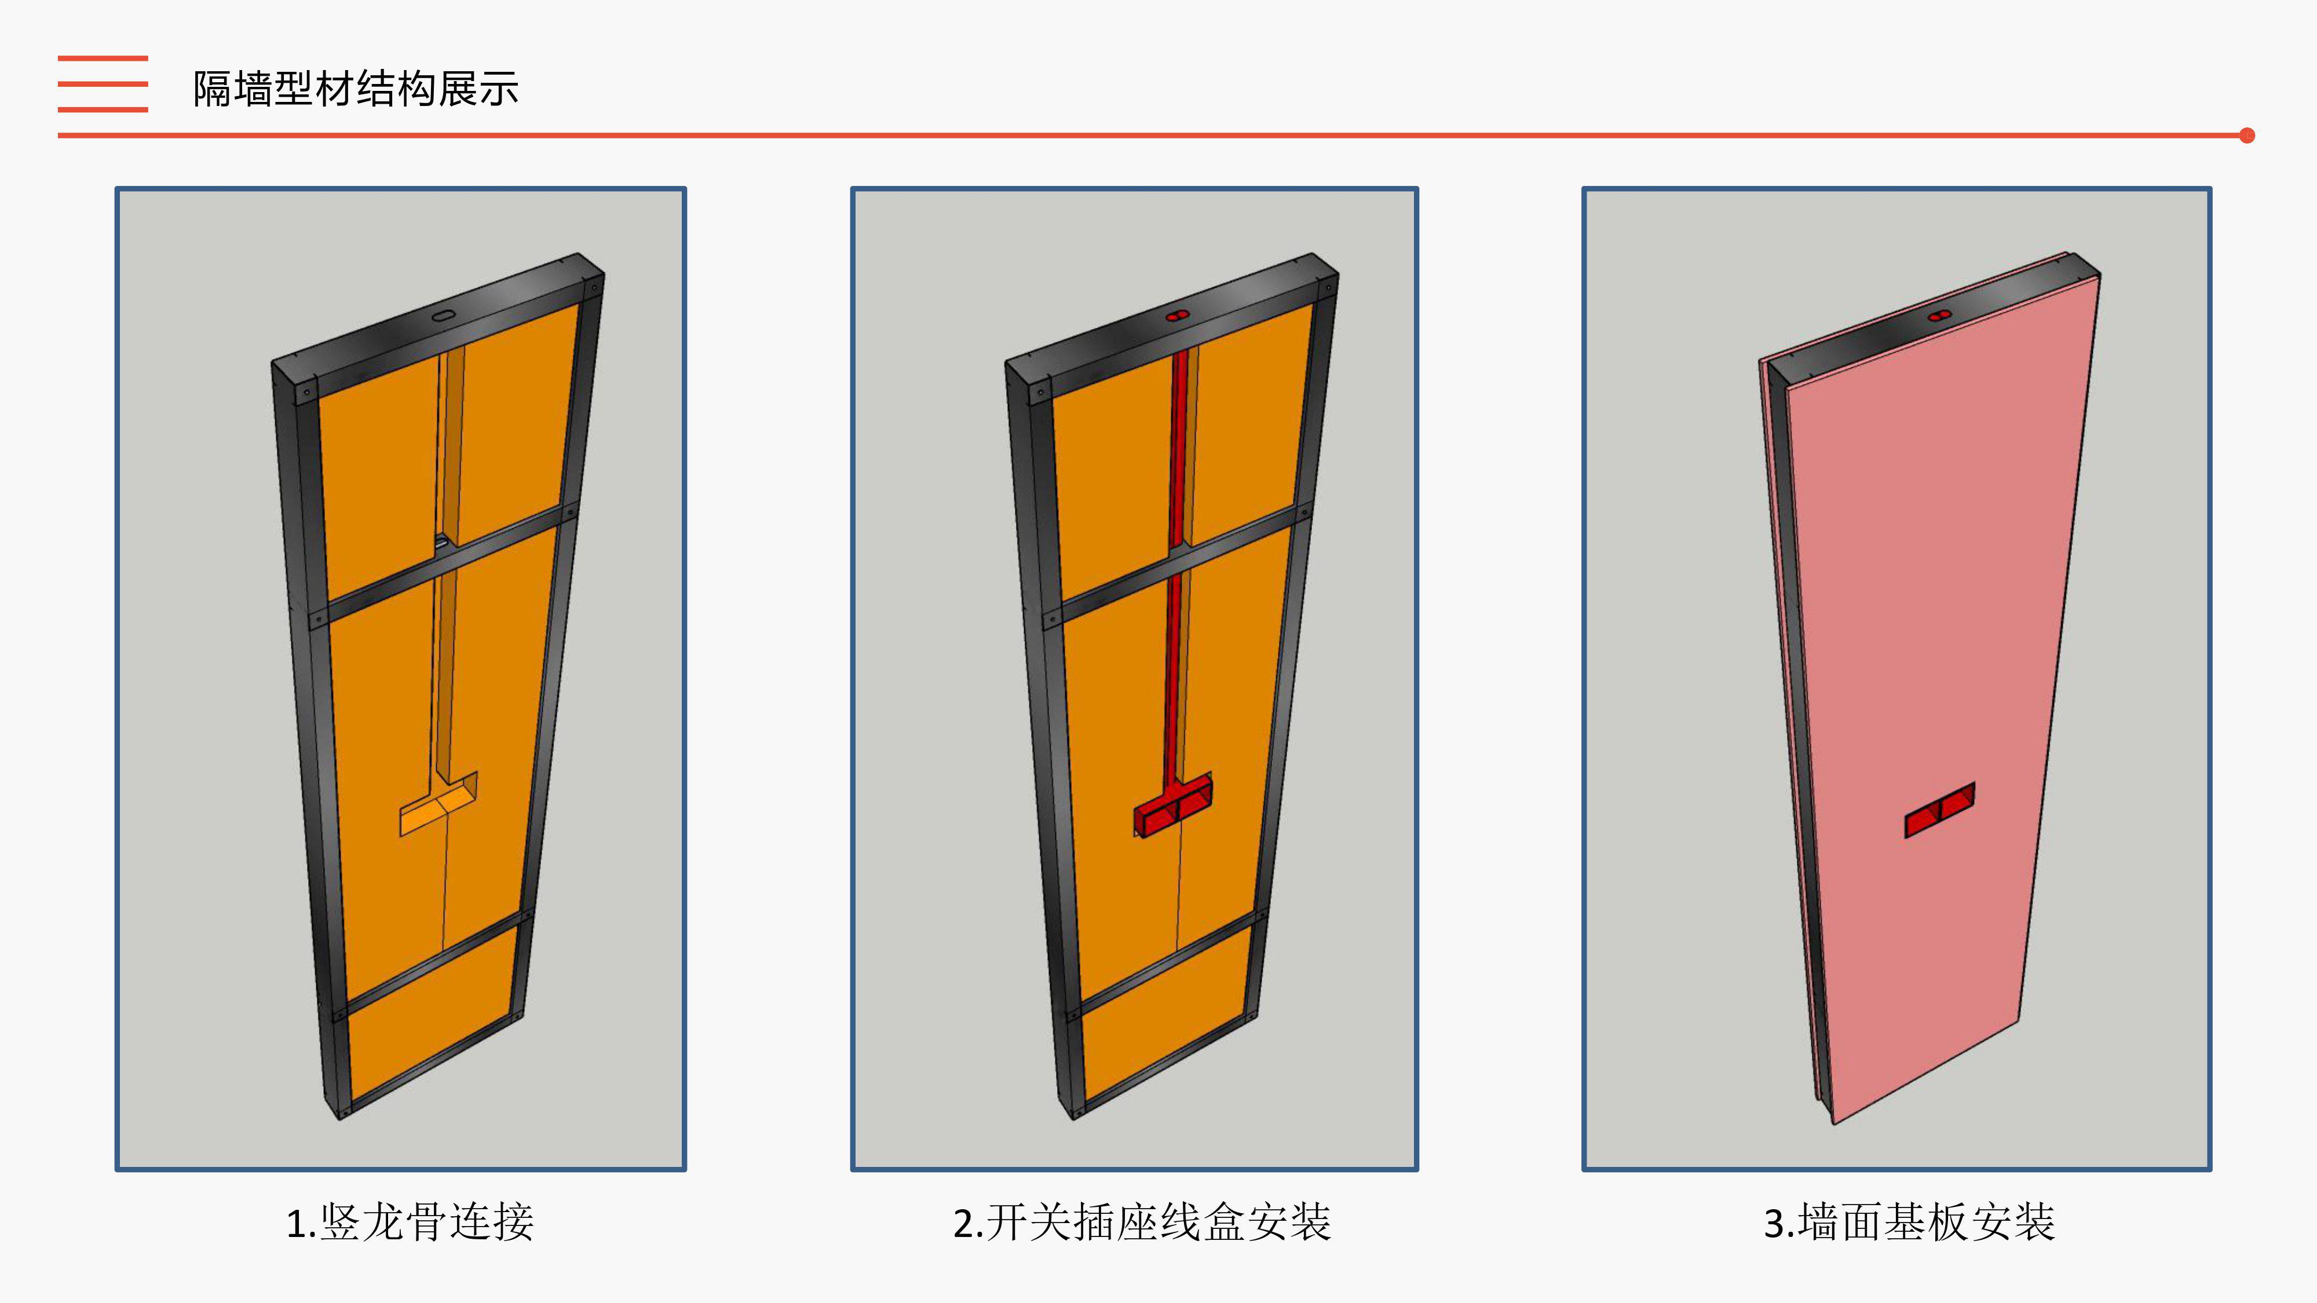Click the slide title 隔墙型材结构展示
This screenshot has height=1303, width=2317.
pyautogui.click(x=356, y=89)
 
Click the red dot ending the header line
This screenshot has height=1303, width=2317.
pyautogui.click(x=2247, y=136)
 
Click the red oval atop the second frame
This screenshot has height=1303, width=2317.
pyautogui.click(x=1178, y=316)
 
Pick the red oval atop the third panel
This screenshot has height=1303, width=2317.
pyautogui.click(x=1939, y=316)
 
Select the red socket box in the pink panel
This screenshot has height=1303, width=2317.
pyautogui.click(x=1940, y=810)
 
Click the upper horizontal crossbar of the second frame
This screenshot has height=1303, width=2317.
pyautogui.click(x=1176, y=565)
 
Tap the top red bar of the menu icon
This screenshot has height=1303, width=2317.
pyautogui.click(x=103, y=58)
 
